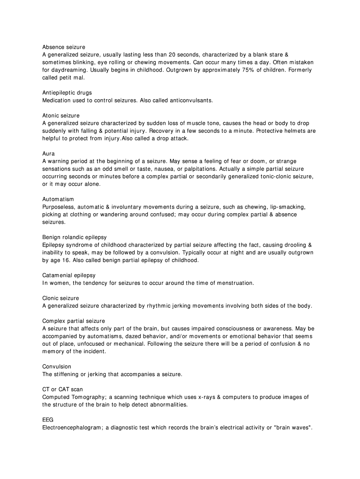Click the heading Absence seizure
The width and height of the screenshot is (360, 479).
tap(64, 47)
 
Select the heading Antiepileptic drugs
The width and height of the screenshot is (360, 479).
tap(67, 93)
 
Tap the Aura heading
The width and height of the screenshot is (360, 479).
tap(49, 153)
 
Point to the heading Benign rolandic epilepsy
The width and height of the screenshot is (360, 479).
tap(74, 237)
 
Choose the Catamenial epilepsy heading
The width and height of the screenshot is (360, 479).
tap(69, 276)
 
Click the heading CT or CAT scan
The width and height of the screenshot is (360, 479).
tap(63, 389)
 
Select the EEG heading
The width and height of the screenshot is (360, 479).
tap(48, 420)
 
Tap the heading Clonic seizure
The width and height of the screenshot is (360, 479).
tap(60, 298)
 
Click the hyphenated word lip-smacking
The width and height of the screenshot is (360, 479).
tap(289, 207)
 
